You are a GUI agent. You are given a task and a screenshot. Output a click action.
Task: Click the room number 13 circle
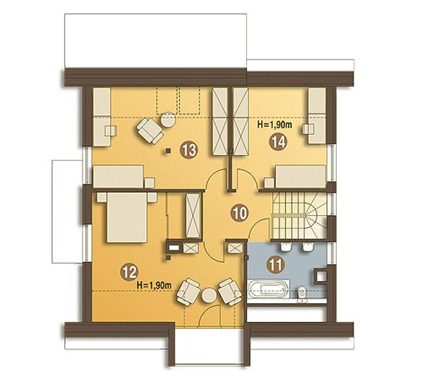pos(189,150)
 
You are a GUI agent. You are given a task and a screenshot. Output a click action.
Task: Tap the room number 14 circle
pos(278,142)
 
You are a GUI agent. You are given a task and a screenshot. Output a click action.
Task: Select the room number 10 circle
pos(240,213)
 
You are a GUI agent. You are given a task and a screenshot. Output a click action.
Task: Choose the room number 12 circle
pos(130,273)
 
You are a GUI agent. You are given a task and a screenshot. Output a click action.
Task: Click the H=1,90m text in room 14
pos(275,125)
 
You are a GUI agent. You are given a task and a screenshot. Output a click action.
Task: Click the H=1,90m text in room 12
pos(154,285)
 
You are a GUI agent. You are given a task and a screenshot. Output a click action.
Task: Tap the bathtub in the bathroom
pos(268,291)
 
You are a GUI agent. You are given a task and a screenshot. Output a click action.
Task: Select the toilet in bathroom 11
pos(302,294)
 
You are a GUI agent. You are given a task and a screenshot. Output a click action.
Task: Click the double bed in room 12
pos(127,217)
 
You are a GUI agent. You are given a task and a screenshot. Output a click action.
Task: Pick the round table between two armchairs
pos(209,296)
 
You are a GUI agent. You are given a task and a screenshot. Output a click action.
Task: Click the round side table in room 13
pos(169,120)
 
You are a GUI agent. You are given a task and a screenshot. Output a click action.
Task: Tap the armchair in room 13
pos(150,130)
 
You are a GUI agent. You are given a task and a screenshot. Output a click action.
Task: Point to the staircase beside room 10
pos(299,215)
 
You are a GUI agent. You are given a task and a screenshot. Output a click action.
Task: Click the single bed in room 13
pos(118,177)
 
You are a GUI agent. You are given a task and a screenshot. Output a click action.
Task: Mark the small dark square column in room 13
pos(169,151)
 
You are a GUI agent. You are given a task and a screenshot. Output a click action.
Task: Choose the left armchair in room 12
pos(188,292)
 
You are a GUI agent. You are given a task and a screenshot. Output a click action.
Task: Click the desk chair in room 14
pos(309,129)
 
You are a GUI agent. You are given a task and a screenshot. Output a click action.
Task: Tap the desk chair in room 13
pos(111,130)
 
